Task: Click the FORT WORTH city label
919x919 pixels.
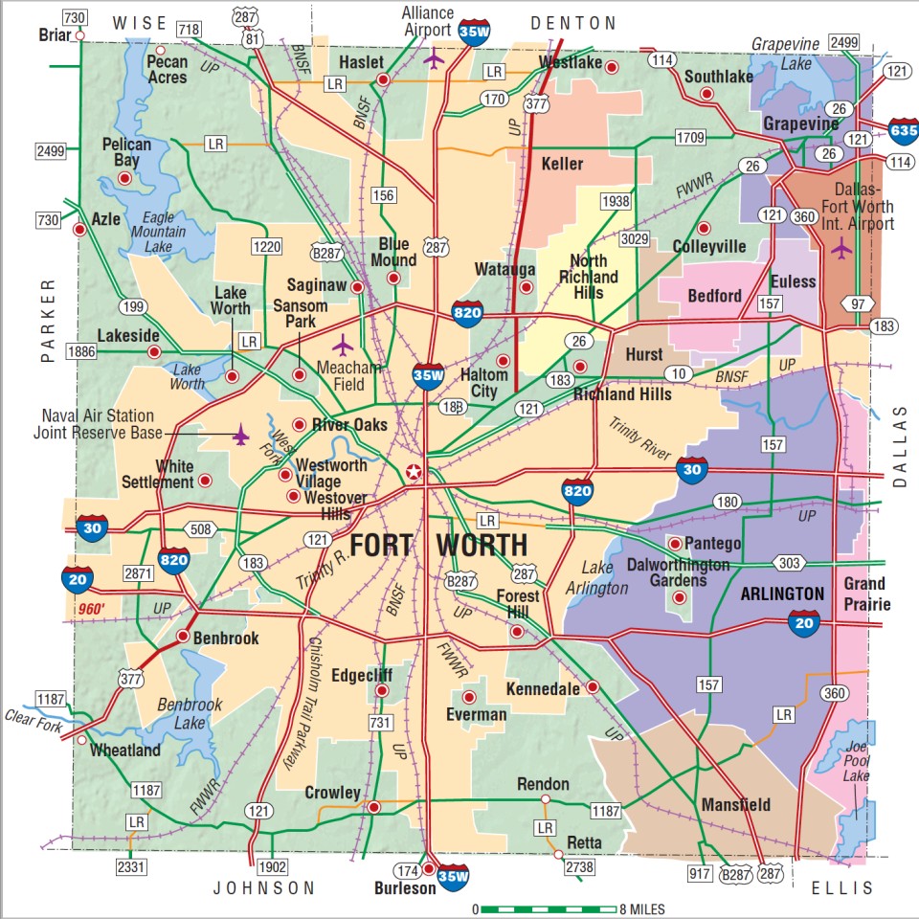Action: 438,546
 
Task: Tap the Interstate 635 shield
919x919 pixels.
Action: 902,130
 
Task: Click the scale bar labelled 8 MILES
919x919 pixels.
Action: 548,908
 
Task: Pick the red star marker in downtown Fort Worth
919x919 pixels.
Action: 413,472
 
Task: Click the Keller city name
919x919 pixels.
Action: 562,164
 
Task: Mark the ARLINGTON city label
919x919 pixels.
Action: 782,594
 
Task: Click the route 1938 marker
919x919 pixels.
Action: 616,201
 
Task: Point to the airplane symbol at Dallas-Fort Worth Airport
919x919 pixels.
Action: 841,248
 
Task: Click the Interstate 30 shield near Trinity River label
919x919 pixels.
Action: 692,470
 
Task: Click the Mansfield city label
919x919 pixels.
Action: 735,804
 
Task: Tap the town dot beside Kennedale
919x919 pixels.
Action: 593,686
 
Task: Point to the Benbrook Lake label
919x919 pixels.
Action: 191,712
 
